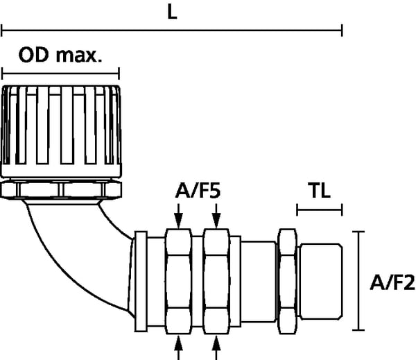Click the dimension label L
click(x=171, y=13)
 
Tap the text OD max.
click(x=60, y=55)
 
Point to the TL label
click(x=319, y=189)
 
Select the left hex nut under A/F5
click(x=180, y=281)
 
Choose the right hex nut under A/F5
click(x=217, y=281)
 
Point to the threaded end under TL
click(x=321, y=281)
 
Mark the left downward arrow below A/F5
click(x=180, y=220)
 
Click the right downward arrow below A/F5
click(x=217, y=220)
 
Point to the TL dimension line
click(x=319, y=208)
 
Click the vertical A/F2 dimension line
click(x=358, y=281)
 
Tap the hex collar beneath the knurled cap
click(x=61, y=189)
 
